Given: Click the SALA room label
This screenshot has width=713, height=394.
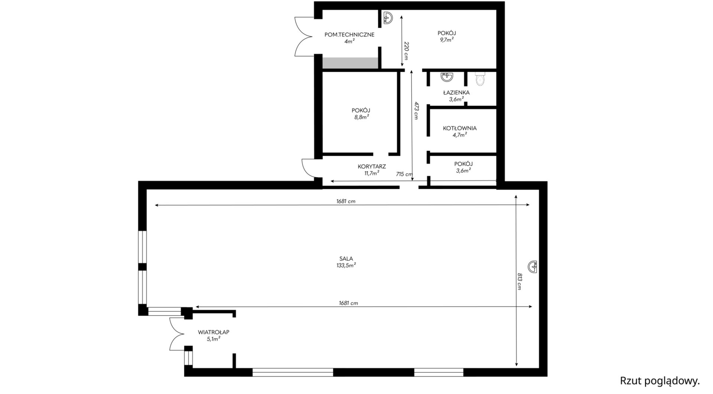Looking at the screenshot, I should pos(346,259).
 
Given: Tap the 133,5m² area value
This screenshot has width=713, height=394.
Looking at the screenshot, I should pos(346,265).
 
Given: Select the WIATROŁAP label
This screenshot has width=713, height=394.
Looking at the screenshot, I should pos(213,332).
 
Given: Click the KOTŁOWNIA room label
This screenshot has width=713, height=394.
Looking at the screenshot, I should pos(460,128).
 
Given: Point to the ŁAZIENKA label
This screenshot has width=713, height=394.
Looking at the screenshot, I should pos(456,93).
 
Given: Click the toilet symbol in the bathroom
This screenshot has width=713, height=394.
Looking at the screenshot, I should pos(480,79).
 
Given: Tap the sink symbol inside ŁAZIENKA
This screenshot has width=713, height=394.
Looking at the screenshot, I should pos(447,77).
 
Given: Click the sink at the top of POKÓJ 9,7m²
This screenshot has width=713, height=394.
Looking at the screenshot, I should pos(388,17).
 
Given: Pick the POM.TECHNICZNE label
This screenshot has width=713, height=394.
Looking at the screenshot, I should pos(349,35).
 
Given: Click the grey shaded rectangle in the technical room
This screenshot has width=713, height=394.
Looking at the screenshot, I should pos(350,63).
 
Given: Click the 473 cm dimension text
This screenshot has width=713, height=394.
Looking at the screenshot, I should pos(416,110).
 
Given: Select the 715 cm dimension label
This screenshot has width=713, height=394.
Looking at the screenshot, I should pos(404,174).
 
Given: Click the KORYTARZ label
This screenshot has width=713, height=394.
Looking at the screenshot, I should pos(372,167).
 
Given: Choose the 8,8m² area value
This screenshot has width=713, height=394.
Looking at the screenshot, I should pos(361,117).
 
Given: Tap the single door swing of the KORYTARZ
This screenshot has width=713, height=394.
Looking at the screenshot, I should pos(308,168).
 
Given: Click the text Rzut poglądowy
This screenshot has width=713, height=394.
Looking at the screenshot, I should pos(660,381).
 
